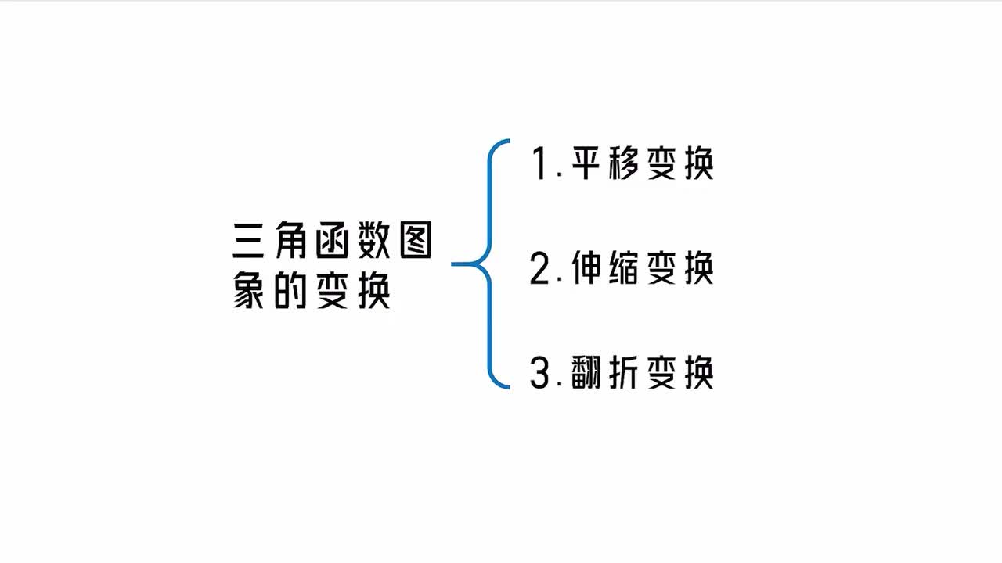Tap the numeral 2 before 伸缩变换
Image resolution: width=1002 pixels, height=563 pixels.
click(539, 267)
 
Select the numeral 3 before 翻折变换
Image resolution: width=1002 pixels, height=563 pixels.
click(539, 372)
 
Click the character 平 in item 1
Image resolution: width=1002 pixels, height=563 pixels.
click(586, 163)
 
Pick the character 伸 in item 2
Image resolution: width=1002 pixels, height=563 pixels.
click(586, 267)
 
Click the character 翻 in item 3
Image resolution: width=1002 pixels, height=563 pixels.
click(586, 372)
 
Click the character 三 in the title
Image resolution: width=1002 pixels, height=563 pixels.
click(248, 240)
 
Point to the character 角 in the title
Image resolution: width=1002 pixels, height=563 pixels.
click(290, 240)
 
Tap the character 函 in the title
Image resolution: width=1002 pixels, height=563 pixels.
click(333, 240)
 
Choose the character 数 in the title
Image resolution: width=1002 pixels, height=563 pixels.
click(374, 240)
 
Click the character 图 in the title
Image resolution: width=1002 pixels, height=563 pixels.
click(416, 240)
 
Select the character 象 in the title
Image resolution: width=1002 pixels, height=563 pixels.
click(248, 290)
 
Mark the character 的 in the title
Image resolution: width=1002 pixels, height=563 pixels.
click(290, 290)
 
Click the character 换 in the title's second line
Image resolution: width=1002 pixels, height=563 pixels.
click(374, 290)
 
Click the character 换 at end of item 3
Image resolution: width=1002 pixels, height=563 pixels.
click(699, 372)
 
